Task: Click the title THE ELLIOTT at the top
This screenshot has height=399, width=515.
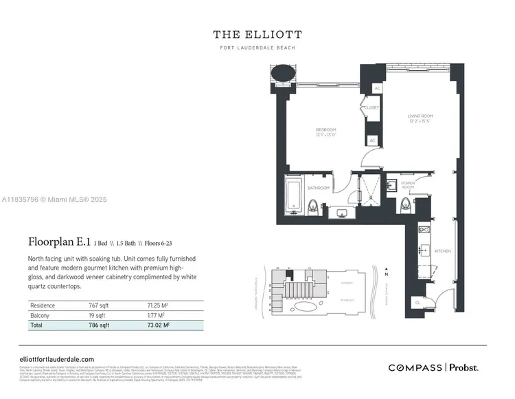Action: pyautogui.click(x=257, y=34)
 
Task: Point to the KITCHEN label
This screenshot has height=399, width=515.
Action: pyautogui.click(x=443, y=251)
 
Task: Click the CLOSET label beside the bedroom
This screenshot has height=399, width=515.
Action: pyautogui.click(x=371, y=108)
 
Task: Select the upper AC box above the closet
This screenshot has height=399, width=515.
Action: pyautogui.click(x=377, y=89)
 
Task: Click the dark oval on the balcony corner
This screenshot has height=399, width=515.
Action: pyautogui.click(x=283, y=72)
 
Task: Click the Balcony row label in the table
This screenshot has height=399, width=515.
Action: pyautogui.click(x=39, y=314)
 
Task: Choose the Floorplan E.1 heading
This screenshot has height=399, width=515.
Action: pyautogui.click(x=60, y=241)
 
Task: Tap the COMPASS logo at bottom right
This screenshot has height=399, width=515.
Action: pyautogui.click(x=415, y=368)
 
